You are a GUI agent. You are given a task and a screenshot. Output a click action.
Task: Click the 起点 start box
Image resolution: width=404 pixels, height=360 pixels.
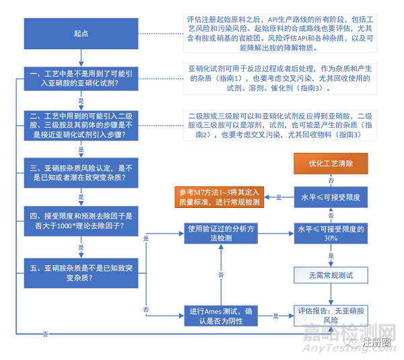pos(81,32)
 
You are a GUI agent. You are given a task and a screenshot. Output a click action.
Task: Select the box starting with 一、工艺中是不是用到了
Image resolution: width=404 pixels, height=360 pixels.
pos(81,78)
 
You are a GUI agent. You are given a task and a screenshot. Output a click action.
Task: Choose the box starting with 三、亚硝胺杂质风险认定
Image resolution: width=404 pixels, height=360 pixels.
pos(81,172)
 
